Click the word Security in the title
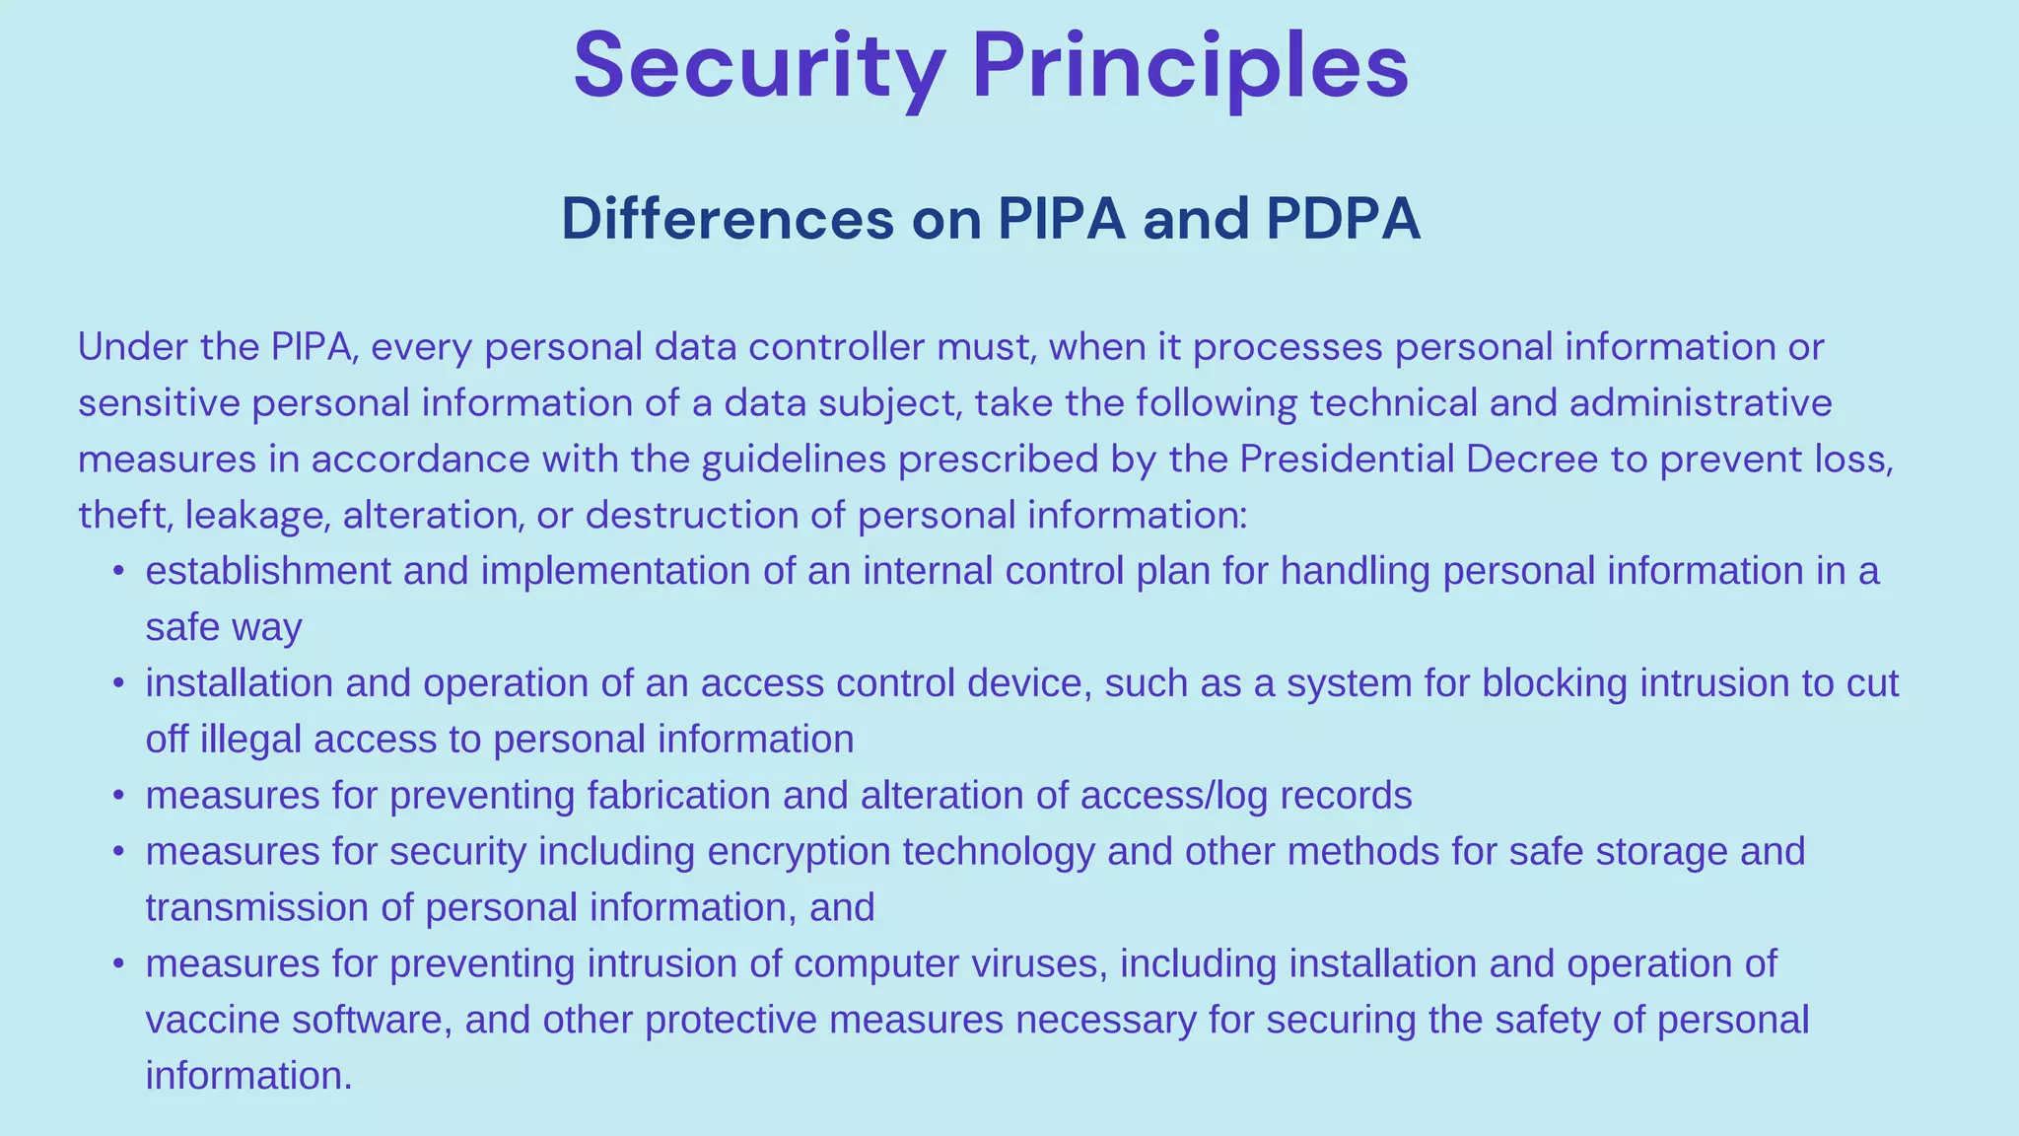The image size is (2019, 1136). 759,67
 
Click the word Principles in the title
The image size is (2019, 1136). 1190,67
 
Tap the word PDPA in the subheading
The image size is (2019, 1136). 1343,219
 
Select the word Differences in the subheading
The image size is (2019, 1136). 727,219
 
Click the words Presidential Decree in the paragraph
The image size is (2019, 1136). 1419,460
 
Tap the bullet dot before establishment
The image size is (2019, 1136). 118,571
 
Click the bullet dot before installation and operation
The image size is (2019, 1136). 118,682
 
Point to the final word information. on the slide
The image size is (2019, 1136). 248,1076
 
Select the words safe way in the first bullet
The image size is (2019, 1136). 224,627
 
